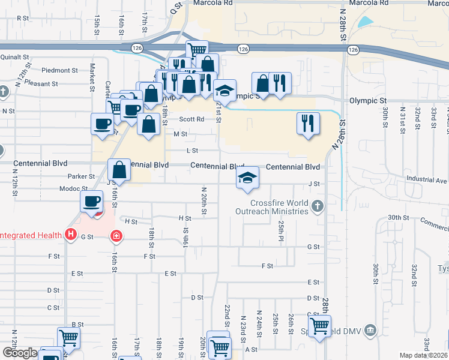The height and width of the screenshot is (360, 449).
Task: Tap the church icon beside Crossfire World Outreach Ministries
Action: click(318, 207)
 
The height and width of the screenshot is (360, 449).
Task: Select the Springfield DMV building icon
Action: click(370, 330)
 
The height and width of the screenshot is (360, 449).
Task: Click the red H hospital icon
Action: click(71, 234)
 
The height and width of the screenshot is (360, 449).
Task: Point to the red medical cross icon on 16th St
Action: click(115, 236)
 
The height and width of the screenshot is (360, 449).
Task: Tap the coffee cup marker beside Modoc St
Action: click(92, 202)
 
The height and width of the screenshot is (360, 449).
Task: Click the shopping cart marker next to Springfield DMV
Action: click(319, 326)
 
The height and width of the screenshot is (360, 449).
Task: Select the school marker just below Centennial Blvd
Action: click(247, 178)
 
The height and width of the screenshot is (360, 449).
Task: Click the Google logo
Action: click(20, 353)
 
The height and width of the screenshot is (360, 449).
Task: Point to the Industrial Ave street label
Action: click(427, 179)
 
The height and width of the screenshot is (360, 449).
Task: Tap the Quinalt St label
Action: click(16, 58)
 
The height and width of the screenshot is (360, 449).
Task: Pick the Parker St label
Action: click(82, 176)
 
